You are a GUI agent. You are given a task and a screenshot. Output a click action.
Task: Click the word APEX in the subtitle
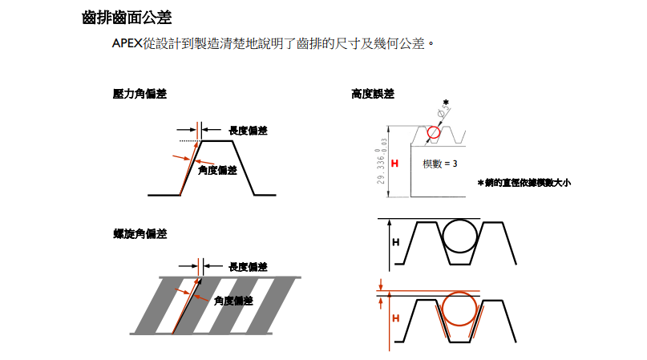127,42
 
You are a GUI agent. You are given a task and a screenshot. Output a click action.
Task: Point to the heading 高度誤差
372,94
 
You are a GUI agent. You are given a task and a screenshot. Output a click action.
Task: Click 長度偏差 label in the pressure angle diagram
248,130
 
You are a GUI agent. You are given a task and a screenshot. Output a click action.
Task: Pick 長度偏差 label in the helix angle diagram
248,266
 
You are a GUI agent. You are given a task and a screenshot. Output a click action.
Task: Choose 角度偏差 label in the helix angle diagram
233,301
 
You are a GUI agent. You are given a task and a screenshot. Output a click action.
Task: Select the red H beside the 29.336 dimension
394,164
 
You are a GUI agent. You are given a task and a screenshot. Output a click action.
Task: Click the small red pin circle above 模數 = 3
434,132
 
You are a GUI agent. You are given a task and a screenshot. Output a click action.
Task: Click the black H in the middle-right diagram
394,241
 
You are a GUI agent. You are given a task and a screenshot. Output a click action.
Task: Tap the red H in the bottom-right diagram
394,318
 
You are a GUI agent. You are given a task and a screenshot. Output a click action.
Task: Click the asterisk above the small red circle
446,103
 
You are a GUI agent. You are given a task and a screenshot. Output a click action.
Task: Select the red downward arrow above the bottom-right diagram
382,285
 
